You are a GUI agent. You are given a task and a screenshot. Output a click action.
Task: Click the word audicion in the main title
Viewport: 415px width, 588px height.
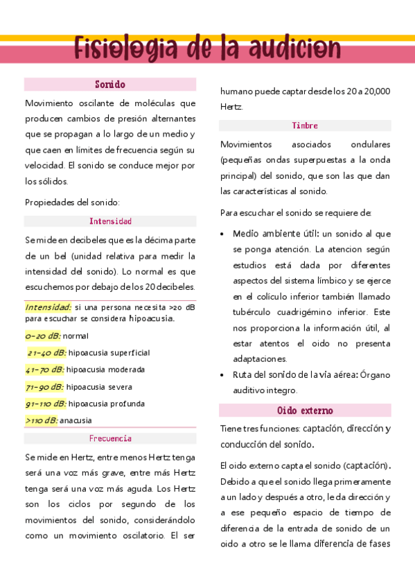285,50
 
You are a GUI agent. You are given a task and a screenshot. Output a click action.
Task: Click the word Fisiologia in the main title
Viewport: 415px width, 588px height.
126,50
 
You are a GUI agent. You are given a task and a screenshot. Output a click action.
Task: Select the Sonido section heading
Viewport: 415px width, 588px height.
110,85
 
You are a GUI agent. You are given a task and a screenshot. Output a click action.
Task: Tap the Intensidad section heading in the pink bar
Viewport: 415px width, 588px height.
110,221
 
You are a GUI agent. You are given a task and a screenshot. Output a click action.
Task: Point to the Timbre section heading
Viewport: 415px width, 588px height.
305,126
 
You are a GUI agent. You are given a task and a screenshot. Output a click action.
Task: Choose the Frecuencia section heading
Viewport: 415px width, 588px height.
110,438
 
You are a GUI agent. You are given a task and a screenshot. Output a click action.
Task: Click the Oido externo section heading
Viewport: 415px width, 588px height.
305,410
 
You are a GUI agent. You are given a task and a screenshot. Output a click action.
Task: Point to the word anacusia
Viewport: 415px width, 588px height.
76,420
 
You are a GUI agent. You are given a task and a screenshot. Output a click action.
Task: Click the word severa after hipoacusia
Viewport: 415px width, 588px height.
119,387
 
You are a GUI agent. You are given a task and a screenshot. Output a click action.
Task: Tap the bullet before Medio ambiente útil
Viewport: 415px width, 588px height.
222,234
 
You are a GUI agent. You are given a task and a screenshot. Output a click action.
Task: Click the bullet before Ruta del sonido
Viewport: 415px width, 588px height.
222,375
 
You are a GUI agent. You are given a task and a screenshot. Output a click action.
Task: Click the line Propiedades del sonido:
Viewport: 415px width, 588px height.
73,202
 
